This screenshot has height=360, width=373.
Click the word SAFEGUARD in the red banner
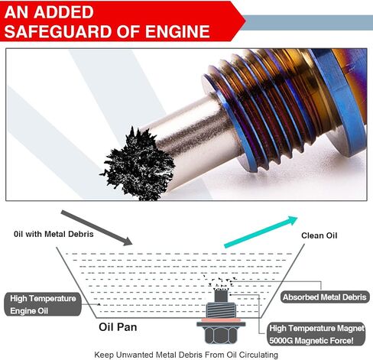point(58,31)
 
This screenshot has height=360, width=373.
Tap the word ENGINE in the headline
point(177,31)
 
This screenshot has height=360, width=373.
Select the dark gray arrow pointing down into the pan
point(96,228)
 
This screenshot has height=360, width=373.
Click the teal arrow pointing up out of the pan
point(261,232)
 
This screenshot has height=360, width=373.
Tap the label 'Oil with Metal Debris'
point(54,234)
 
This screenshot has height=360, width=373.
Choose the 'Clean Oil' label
point(319,235)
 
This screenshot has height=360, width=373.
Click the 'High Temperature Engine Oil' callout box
point(43,304)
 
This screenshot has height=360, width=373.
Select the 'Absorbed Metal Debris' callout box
point(325,297)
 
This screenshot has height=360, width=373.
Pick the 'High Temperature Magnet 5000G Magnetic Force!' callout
point(316,334)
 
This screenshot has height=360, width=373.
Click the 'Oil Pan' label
point(118,327)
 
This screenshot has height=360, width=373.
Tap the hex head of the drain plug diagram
point(220,335)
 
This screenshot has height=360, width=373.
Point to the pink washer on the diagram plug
point(221,319)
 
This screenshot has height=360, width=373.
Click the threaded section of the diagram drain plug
point(221,310)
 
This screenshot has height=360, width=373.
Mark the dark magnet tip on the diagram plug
point(221,296)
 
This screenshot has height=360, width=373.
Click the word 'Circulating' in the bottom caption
point(258,355)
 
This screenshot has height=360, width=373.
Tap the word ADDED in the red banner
point(63,12)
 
